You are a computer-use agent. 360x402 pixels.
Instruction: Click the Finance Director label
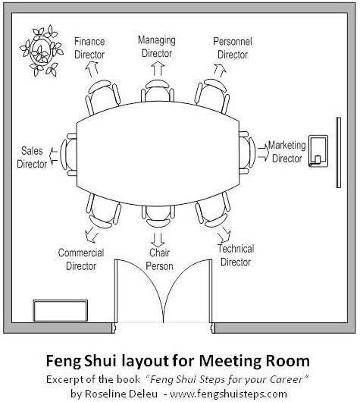click(89, 48)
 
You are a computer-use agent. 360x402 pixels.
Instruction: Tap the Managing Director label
click(157, 47)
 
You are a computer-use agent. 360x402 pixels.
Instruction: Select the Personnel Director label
click(233, 48)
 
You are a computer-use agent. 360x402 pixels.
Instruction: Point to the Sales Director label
click(32, 157)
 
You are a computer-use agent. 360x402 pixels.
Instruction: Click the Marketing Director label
click(287, 152)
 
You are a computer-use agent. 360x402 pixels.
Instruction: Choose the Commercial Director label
click(81, 259)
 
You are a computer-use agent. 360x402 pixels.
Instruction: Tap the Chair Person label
click(159, 259)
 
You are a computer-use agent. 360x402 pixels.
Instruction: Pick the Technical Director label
click(236, 256)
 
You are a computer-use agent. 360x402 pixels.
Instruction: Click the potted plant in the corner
click(41, 51)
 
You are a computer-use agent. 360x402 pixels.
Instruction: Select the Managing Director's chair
click(158, 90)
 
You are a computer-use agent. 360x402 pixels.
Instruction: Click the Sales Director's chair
click(68, 155)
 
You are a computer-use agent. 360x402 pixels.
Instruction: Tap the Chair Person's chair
click(158, 217)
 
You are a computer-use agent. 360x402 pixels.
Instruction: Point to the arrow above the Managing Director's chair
click(158, 69)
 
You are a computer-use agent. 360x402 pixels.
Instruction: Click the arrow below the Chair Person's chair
click(158, 240)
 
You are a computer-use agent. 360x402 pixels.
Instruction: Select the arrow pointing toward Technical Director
click(224, 235)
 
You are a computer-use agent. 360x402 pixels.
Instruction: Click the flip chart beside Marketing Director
click(318, 151)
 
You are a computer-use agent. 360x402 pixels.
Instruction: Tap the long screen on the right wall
click(339, 152)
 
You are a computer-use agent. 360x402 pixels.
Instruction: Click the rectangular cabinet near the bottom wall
click(61, 310)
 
